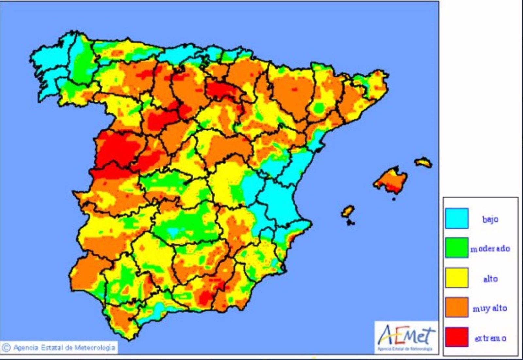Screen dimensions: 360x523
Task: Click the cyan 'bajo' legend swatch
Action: pos(456,218)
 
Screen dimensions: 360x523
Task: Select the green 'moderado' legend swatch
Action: pos(456,248)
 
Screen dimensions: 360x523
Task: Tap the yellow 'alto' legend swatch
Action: pos(456,278)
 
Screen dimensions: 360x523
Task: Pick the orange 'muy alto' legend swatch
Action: pos(456,307)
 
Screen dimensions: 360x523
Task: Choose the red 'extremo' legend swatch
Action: pos(456,337)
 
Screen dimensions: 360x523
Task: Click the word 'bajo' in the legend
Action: pos(490,219)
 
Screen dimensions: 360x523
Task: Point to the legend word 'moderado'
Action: pos(490,249)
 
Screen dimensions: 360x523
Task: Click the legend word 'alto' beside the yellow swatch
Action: pos(490,279)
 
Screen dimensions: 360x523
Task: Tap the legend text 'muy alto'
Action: pos(490,308)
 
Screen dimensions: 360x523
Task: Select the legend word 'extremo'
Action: pos(490,338)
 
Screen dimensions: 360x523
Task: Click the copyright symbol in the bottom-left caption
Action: pos(6,347)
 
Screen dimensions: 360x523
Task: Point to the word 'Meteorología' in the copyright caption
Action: pos(95,347)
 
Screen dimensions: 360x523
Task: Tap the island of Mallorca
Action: pos(391,180)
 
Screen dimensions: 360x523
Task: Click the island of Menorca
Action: pos(424,162)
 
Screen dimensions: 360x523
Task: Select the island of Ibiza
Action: pos(347,211)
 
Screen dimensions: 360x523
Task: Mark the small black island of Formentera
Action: pos(351,223)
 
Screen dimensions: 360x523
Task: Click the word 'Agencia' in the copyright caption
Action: pos(26,347)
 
